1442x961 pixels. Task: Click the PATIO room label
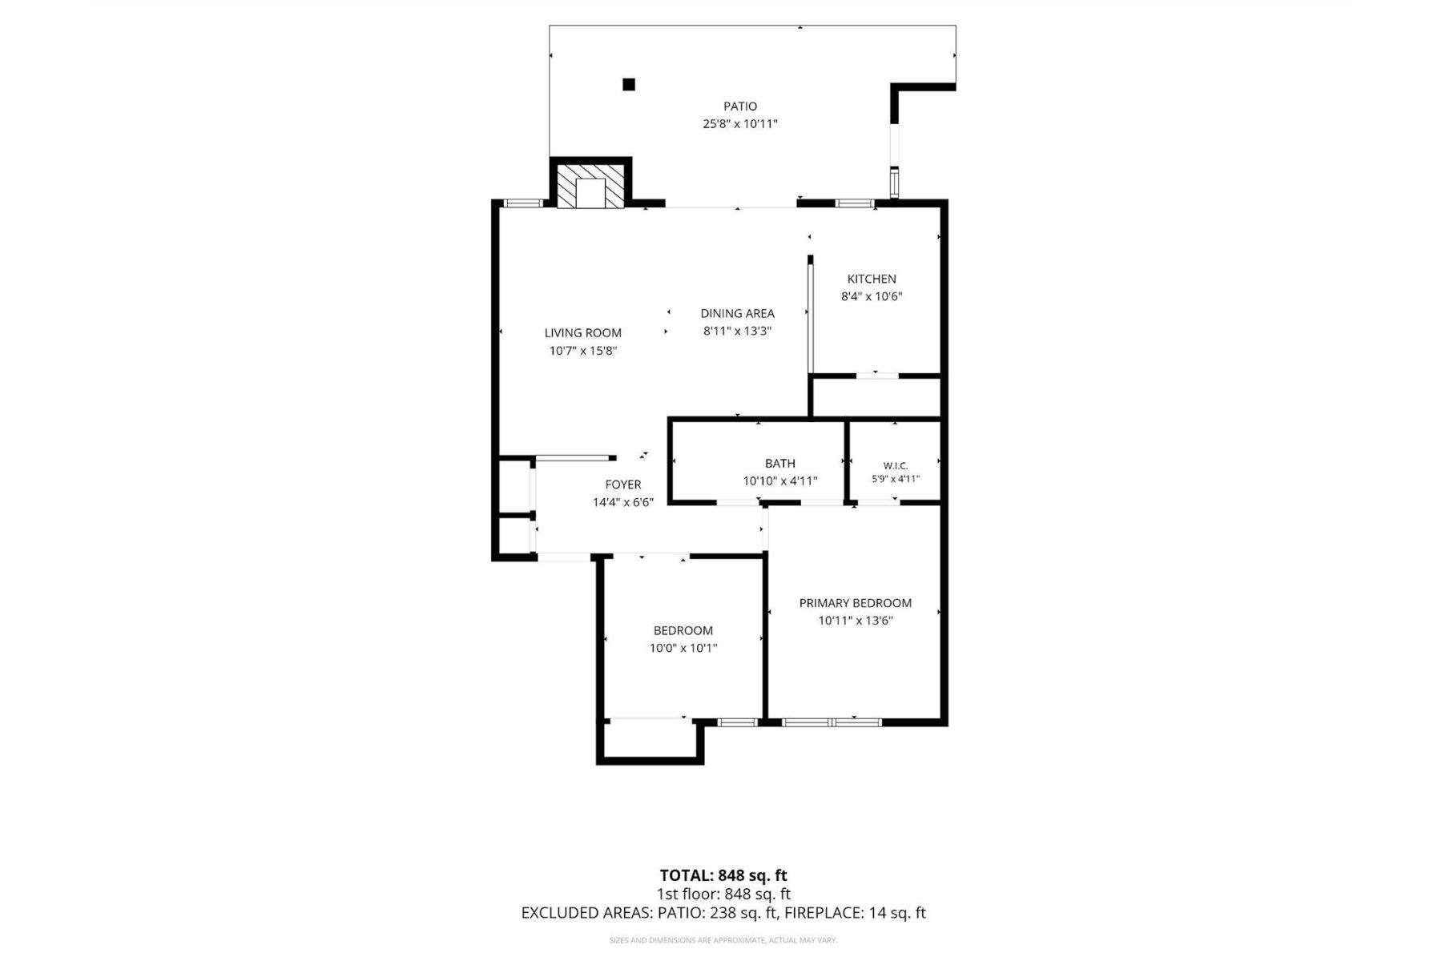pyautogui.click(x=740, y=106)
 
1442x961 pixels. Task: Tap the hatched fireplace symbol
pyautogui.click(x=590, y=187)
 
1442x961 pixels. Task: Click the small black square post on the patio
pyautogui.click(x=629, y=84)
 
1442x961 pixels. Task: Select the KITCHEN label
pyautogui.click(x=872, y=279)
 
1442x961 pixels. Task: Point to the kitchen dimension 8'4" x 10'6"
pyautogui.click(x=872, y=296)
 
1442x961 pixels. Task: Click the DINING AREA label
pyautogui.click(x=737, y=313)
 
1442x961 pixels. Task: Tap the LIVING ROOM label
pyautogui.click(x=583, y=332)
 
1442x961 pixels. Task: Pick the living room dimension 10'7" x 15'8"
pyautogui.click(x=583, y=350)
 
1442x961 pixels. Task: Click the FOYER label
pyautogui.click(x=623, y=485)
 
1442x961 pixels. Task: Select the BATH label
pyautogui.click(x=780, y=463)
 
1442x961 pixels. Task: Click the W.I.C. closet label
pyautogui.click(x=896, y=465)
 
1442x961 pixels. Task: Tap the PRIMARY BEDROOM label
pyautogui.click(x=856, y=603)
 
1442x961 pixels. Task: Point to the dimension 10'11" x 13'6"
pyautogui.click(x=856, y=621)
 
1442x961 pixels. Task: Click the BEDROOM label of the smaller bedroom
pyautogui.click(x=683, y=630)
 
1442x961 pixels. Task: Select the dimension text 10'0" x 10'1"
pyautogui.click(x=683, y=648)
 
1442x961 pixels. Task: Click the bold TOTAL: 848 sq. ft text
pyautogui.click(x=723, y=875)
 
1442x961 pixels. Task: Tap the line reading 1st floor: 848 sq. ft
pyautogui.click(x=723, y=894)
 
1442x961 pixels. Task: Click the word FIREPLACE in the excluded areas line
pyautogui.click(x=820, y=912)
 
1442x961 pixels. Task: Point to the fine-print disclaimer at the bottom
pyautogui.click(x=723, y=940)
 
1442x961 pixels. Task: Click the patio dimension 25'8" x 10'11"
pyautogui.click(x=740, y=124)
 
